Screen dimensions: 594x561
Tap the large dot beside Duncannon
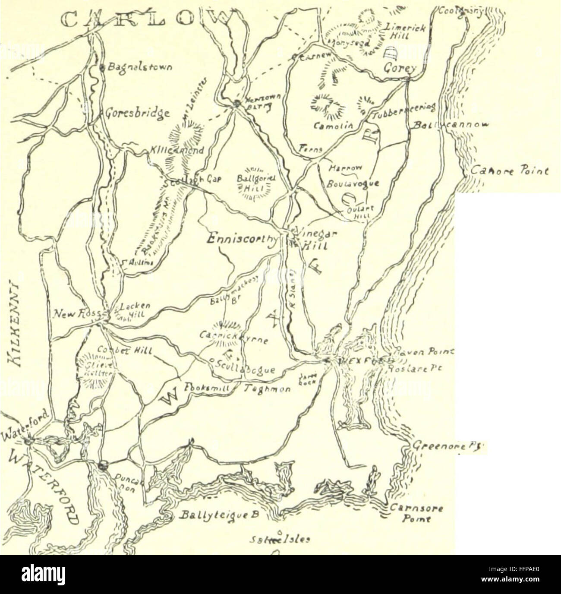pyautogui.click(x=102, y=465)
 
